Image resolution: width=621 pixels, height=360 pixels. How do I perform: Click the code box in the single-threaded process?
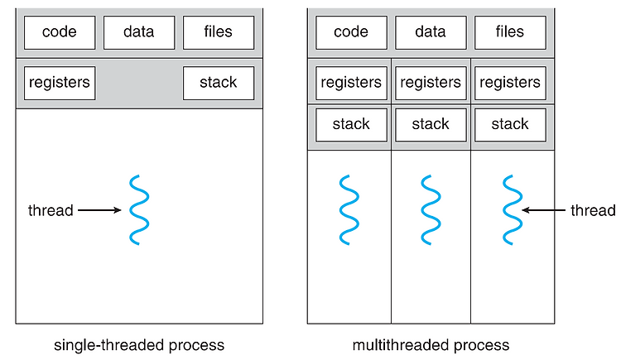click(x=60, y=32)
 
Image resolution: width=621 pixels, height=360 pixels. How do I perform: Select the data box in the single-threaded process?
click(x=139, y=32)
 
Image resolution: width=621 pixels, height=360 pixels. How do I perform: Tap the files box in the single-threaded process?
click(x=219, y=32)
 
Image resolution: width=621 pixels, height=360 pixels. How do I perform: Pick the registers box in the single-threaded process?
click(x=60, y=83)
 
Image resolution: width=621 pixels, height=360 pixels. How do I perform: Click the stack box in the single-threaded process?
click(x=219, y=83)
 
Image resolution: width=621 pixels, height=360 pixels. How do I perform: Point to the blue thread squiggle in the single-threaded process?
click(x=139, y=210)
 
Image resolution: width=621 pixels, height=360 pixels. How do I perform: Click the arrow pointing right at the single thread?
click(x=99, y=210)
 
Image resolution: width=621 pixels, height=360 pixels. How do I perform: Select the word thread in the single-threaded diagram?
click(x=51, y=210)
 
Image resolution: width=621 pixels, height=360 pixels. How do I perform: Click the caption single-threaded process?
click(x=139, y=345)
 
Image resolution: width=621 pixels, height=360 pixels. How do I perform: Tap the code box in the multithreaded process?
click(x=351, y=32)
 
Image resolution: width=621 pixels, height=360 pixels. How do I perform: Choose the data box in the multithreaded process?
click(x=431, y=32)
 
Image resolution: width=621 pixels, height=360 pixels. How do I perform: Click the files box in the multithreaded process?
click(x=510, y=32)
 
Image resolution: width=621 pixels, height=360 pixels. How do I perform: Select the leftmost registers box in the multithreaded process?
click(x=351, y=83)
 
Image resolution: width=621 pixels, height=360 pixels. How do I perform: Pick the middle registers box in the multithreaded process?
click(x=431, y=83)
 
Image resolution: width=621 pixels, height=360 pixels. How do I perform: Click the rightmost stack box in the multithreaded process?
click(x=510, y=125)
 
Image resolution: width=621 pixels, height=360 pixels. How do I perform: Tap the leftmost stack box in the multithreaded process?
click(x=351, y=125)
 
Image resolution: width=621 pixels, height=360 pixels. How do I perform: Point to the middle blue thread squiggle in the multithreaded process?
click(x=431, y=210)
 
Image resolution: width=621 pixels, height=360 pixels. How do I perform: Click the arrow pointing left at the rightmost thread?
click(x=543, y=210)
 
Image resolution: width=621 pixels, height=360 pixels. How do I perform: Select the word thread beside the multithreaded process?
click(x=593, y=210)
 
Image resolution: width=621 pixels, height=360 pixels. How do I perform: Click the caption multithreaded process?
click(x=431, y=345)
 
